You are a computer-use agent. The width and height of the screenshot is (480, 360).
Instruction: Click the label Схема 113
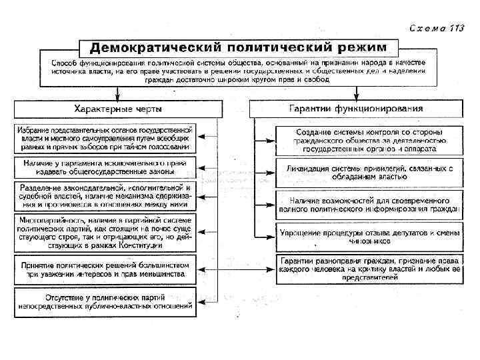437,28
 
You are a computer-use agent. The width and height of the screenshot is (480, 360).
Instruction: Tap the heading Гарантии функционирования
356,108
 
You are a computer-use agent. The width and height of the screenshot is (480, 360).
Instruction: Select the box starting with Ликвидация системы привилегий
369,172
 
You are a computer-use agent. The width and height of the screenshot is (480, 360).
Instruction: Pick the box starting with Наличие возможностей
369,203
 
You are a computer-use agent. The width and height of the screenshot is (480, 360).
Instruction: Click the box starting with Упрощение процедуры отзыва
369,235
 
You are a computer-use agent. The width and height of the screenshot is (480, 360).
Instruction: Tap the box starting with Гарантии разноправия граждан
369,268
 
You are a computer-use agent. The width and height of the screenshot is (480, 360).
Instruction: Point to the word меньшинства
161,273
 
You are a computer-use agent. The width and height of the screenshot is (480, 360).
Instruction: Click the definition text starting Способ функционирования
238,69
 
